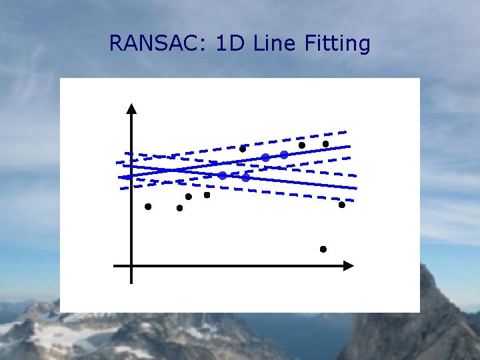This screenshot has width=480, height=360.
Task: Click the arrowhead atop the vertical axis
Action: (x=132, y=109)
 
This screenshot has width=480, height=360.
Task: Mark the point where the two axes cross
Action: (x=132, y=265)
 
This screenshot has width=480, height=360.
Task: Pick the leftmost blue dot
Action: (x=223, y=175)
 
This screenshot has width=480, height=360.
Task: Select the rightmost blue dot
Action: (x=284, y=155)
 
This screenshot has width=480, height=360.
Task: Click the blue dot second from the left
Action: (x=245, y=177)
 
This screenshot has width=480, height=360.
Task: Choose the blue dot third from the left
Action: (x=265, y=157)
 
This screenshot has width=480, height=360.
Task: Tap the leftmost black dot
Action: (x=148, y=207)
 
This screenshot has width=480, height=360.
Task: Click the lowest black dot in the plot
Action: (x=323, y=249)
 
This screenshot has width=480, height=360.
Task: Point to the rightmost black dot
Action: (x=342, y=205)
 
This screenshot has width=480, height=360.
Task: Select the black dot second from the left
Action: (x=179, y=208)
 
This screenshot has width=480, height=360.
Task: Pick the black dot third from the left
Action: (x=189, y=197)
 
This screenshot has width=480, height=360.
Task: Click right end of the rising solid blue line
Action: (x=349, y=145)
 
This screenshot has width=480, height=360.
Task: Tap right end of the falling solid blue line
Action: (x=356, y=187)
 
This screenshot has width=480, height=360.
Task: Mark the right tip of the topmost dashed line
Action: (x=347, y=131)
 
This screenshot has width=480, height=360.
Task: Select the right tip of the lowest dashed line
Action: (x=353, y=200)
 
